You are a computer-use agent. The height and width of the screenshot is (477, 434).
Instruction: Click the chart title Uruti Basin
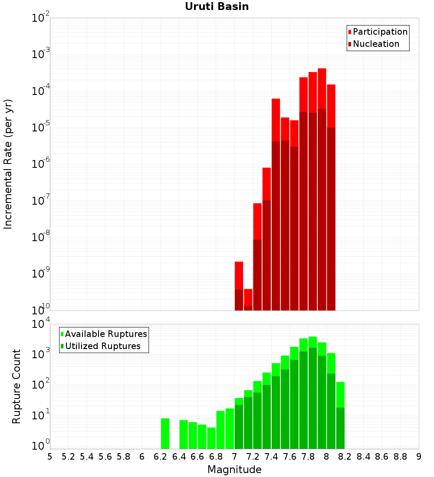[x=217, y=7]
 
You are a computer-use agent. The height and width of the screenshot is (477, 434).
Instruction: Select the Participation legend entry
[x=377, y=32]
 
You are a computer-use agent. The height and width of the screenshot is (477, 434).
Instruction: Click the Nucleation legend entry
[x=373, y=44]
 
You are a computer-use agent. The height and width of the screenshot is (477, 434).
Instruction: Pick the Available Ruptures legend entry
[x=104, y=334]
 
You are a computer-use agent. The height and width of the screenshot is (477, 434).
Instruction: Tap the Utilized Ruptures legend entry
[x=100, y=346]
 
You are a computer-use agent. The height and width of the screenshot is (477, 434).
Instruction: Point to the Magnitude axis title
[x=234, y=469]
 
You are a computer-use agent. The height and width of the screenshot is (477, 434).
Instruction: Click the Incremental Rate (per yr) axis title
[x=8, y=164]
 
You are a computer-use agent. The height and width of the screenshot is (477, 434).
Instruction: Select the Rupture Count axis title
[x=16, y=386]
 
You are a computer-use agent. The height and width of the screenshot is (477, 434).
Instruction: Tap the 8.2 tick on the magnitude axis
[x=345, y=457]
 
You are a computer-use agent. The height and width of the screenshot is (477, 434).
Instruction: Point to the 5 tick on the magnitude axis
[x=50, y=457]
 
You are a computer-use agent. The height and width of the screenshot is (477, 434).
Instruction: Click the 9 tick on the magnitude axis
[x=419, y=457]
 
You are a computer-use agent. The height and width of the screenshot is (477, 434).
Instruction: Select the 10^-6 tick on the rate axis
[x=40, y=163]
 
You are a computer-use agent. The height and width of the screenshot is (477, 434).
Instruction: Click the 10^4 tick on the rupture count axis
[x=40, y=323]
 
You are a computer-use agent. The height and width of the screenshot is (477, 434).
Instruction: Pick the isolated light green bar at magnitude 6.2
[x=165, y=434]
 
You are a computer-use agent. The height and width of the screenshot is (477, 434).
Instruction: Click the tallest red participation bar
[x=322, y=88]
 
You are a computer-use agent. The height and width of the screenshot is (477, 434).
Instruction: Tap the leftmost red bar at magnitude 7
[x=239, y=276]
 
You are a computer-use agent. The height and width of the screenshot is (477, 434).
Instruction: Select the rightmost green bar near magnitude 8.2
[x=341, y=415]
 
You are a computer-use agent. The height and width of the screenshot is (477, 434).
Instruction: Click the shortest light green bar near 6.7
[x=211, y=438]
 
